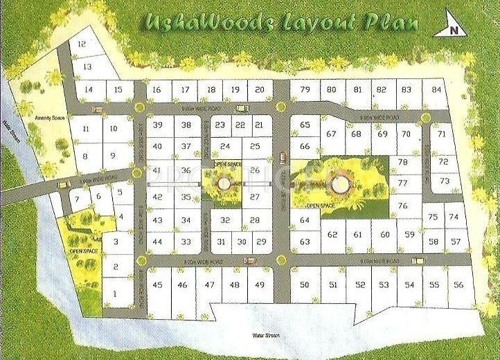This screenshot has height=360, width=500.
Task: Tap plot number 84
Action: click(436, 89)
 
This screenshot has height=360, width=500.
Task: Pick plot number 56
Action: click(457, 285)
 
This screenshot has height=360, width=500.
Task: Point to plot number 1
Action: click(115, 294)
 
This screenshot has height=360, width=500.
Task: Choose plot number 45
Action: click(158, 285)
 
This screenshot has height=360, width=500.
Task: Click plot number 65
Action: click(305, 125)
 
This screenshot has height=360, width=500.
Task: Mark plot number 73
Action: click(445, 181)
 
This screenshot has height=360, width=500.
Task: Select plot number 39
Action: click(158, 125)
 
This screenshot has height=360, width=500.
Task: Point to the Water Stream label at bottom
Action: click(265, 334)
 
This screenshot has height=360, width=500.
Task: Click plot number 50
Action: click(305, 285)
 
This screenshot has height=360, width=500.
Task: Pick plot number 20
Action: click(259, 89)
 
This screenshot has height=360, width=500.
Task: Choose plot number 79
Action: click(305, 89)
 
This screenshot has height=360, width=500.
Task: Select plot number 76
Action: click(402, 206)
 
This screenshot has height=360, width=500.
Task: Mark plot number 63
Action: click(305, 242)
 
